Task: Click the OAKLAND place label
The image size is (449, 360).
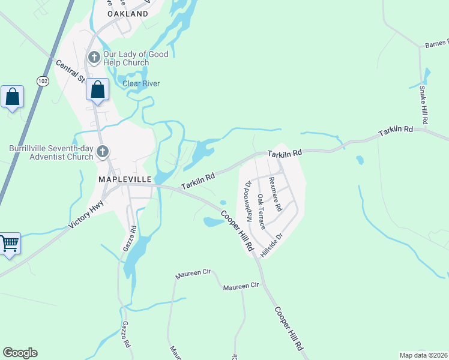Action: pos(127,13)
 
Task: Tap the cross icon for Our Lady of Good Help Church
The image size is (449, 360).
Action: pos(94,58)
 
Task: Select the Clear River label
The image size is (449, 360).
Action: pos(141,83)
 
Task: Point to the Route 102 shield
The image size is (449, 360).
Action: pos(42,81)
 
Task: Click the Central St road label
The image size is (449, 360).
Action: pos(71,71)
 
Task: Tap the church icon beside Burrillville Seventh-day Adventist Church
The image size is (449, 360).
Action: pos(103,152)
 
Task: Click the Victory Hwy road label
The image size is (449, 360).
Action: pos(88,214)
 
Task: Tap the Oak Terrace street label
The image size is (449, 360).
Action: pos(261,211)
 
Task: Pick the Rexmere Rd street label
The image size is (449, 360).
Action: pos(276,193)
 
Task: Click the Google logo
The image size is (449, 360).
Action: pos(20,353)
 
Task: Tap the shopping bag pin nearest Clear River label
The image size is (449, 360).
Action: pos(97,90)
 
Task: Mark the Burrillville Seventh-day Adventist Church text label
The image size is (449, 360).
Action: pos(51,152)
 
